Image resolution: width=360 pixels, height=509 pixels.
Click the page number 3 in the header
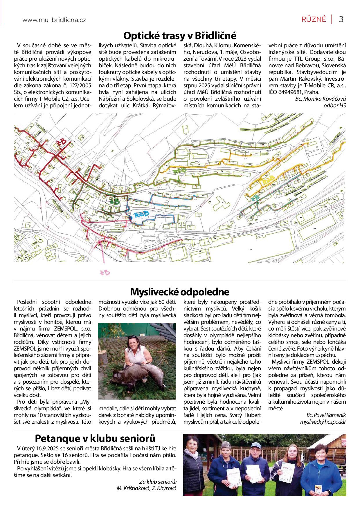[341, 19]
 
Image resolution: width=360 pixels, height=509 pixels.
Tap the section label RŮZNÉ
[314, 19]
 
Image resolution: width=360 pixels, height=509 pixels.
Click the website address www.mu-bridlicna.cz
[54, 20]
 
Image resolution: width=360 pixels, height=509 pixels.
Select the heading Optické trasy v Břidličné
[180, 36]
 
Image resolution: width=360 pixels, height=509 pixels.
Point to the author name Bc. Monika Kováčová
[321, 99]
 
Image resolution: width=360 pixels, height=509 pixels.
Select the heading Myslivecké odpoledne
[180, 291]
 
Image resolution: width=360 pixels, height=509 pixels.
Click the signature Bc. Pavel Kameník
[326, 415]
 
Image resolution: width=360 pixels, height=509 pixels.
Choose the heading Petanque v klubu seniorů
[95, 438]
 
